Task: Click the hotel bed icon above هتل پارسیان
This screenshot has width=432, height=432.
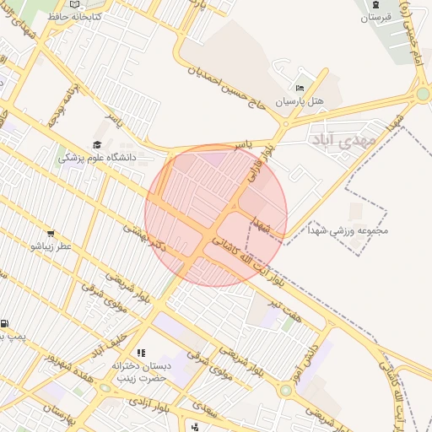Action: [x=300, y=88]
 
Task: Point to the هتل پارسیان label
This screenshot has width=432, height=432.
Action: [x=301, y=101]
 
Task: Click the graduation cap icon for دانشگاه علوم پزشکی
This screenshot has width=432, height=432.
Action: [x=97, y=145]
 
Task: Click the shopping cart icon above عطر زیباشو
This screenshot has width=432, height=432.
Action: [x=51, y=234]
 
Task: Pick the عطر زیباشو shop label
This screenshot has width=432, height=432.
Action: [x=51, y=246]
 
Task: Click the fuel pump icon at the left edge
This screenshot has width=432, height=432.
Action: [x=6, y=323]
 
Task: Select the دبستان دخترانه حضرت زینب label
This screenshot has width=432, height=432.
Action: [x=142, y=372]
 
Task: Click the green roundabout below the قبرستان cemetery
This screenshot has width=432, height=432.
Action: [x=422, y=94]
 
